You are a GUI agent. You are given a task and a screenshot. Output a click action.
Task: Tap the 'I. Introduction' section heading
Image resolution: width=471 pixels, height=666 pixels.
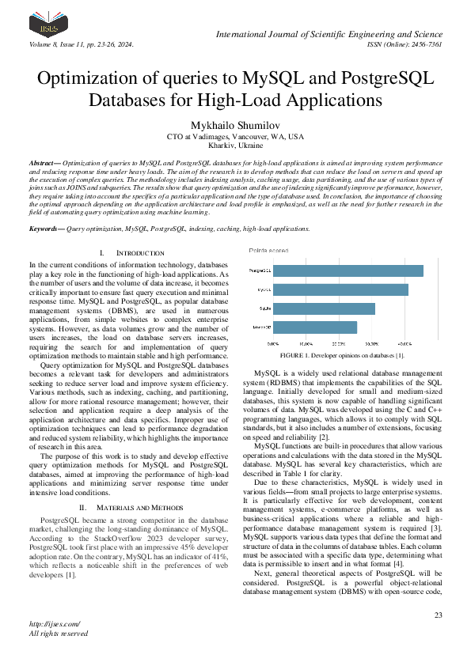tap(116, 252)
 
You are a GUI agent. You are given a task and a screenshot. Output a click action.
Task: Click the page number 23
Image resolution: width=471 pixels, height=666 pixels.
tap(438, 615)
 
